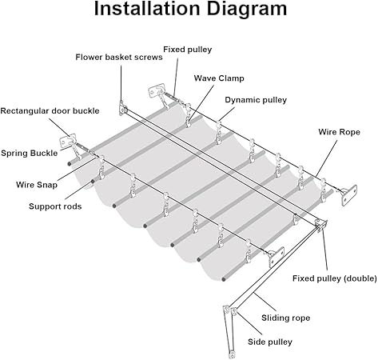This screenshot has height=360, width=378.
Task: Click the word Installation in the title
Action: tap(147, 9)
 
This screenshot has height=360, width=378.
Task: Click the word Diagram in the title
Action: tap(247, 10)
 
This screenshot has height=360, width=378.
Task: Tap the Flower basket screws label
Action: tap(119, 57)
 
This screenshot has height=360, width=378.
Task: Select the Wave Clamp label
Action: tap(219, 78)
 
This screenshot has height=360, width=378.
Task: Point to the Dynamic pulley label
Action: tap(256, 100)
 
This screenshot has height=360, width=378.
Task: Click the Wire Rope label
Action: tap(339, 132)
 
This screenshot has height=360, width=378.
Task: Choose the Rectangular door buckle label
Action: tap(50, 111)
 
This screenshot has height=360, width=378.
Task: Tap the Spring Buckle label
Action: tap(30, 153)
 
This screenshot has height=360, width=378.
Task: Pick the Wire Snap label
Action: tap(37, 185)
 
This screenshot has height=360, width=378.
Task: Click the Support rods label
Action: tap(55, 206)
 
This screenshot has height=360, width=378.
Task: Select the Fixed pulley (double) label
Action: tap(335, 278)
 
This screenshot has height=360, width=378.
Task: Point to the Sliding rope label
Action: tap(285, 318)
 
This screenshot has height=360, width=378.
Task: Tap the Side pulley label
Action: tap(270, 342)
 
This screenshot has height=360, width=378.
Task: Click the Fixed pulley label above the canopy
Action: tap(188, 50)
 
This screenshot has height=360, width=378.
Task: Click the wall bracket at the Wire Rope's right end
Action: tap(349, 195)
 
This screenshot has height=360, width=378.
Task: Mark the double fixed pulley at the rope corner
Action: tap(320, 226)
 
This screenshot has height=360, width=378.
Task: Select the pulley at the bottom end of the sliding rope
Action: tap(233, 354)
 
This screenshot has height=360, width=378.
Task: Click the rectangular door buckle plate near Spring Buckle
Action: tap(67, 142)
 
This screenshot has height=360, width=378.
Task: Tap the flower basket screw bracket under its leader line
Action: tap(123, 108)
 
